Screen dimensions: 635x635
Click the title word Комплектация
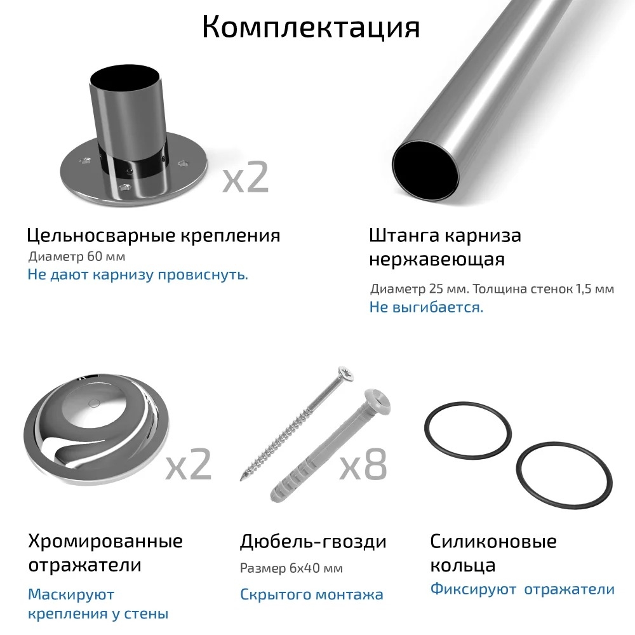tap(311, 27)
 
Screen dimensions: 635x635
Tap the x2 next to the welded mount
tap(245, 177)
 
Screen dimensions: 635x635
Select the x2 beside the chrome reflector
tap(189, 464)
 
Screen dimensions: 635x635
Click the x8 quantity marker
tap(363, 464)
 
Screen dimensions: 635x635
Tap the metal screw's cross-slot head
tap(346, 373)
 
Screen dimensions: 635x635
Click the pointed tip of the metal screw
tap(241, 479)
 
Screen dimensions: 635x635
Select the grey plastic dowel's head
tap(377, 401)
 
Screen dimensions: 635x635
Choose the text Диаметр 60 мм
tap(77, 257)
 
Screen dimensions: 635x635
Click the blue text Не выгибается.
tap(427, 307)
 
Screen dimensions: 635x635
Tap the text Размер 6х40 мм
tap(291, 568)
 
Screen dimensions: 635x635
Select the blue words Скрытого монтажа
tap(311, 594)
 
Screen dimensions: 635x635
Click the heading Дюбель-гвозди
tap(313, 542)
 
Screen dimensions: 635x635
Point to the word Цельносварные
tap(101, 236)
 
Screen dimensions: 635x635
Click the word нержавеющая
tap(437, 259)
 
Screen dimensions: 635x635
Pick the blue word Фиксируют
tap(473, 589)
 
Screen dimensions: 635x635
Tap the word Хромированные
tap(105, 541)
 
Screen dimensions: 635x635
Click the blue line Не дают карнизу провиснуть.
tap(138, 274)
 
